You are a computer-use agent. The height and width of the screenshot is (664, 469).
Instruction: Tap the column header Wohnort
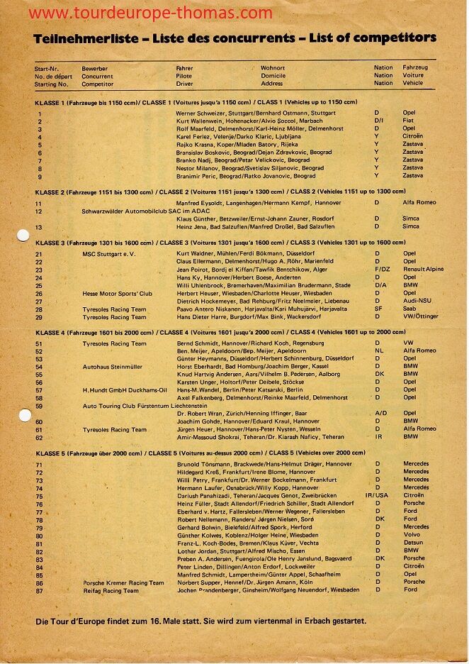(x=273, y=68)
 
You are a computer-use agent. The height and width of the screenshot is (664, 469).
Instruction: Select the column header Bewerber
(x=94, y=68)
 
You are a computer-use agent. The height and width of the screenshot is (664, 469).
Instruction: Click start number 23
(x=39, y=270)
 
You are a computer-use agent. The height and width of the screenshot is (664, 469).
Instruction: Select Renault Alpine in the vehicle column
(x=423, y=270)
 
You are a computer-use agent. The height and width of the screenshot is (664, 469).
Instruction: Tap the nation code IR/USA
(x=377, y=496)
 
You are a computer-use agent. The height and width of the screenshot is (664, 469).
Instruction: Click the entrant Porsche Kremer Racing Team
(x=123, y=582)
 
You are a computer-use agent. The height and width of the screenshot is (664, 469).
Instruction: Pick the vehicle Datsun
(x=413, y=543)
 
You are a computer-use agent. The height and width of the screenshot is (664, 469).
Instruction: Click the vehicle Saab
(x=409, y=309)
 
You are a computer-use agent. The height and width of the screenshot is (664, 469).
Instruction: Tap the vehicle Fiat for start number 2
(x=409, y=121)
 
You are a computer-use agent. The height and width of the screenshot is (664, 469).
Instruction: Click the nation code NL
(x=378, y=350)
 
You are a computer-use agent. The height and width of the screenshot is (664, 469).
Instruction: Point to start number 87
(x=40, y=590)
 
